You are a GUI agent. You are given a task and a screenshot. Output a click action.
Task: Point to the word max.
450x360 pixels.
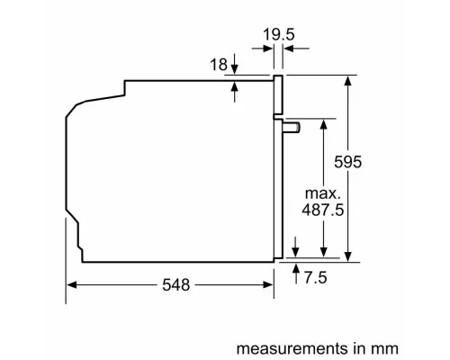(x=320, y=193)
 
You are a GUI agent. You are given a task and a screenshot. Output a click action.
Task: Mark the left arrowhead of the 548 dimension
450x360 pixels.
(x=72, y=284)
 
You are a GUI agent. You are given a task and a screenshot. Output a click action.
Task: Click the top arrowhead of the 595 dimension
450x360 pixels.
(x=347, y=80)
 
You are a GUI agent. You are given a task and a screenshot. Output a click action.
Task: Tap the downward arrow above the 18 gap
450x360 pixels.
(x=235, y=68)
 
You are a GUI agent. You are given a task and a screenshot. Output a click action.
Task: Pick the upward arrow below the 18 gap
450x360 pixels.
(x=235, y=88)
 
